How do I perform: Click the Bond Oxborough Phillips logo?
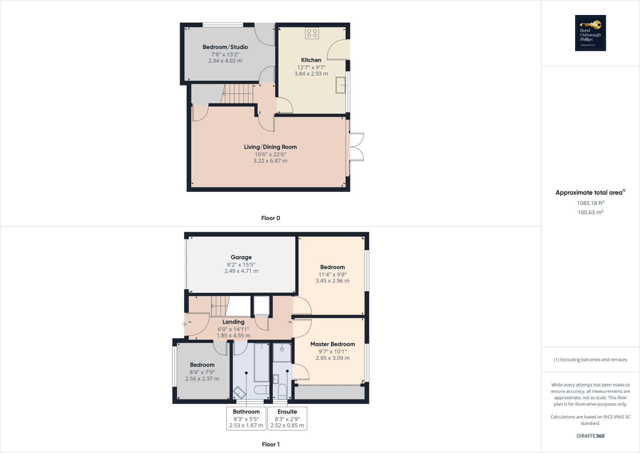[590, 33]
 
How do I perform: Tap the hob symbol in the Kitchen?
[312, 33]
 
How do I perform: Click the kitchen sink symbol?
[341, 85]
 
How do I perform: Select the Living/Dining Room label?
[270, 147]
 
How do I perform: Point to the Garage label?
[241, 257]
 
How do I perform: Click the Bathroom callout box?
[246, 418]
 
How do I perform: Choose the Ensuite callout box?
[287, 418]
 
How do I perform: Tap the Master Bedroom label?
[332, 344]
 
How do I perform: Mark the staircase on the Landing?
[220, 306]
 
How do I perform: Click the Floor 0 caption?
[271, 218]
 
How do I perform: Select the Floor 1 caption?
[271, 444]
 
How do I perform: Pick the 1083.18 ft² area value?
[590, 203]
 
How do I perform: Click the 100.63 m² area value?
[590, 212]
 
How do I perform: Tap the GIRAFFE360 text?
[590, 436]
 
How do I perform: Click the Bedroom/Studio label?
[225, 47]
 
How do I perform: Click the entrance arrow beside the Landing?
[183, 324]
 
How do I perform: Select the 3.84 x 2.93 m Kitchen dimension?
[311, 74]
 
